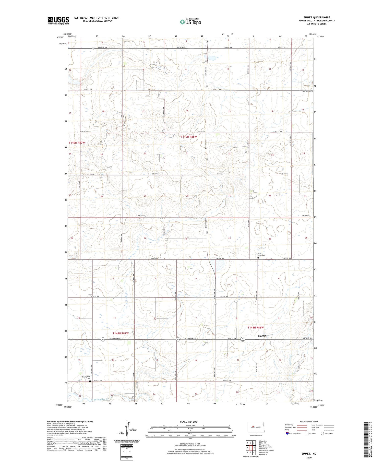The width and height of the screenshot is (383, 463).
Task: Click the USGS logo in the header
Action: pyautogui.click(x=58, y=20)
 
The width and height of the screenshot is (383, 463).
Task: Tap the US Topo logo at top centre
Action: pyautogui.click(x=190, y=22)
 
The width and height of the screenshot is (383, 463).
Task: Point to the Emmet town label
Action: pyautogui.click(x=262, y=336)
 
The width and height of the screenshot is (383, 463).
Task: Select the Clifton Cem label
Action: pyautogui.click(x=307, y=91)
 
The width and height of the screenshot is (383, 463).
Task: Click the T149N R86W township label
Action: pyautogui.click(x=189, y=137)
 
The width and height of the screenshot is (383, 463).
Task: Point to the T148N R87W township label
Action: pyautogui.click(x=121, y=333)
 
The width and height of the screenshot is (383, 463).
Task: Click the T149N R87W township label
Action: pyautogui.click(x=76, y=143)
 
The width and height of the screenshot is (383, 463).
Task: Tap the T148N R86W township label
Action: pyautogui.click(x=256, y=327)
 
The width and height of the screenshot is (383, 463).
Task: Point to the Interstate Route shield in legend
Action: pyautogui.click(x=287, y=433)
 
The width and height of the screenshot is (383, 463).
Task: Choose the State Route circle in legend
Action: pyautogui.click(x=322, y=433)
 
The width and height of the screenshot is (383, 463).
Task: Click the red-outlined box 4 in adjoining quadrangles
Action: pyautogui.click(x=247, y=448)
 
